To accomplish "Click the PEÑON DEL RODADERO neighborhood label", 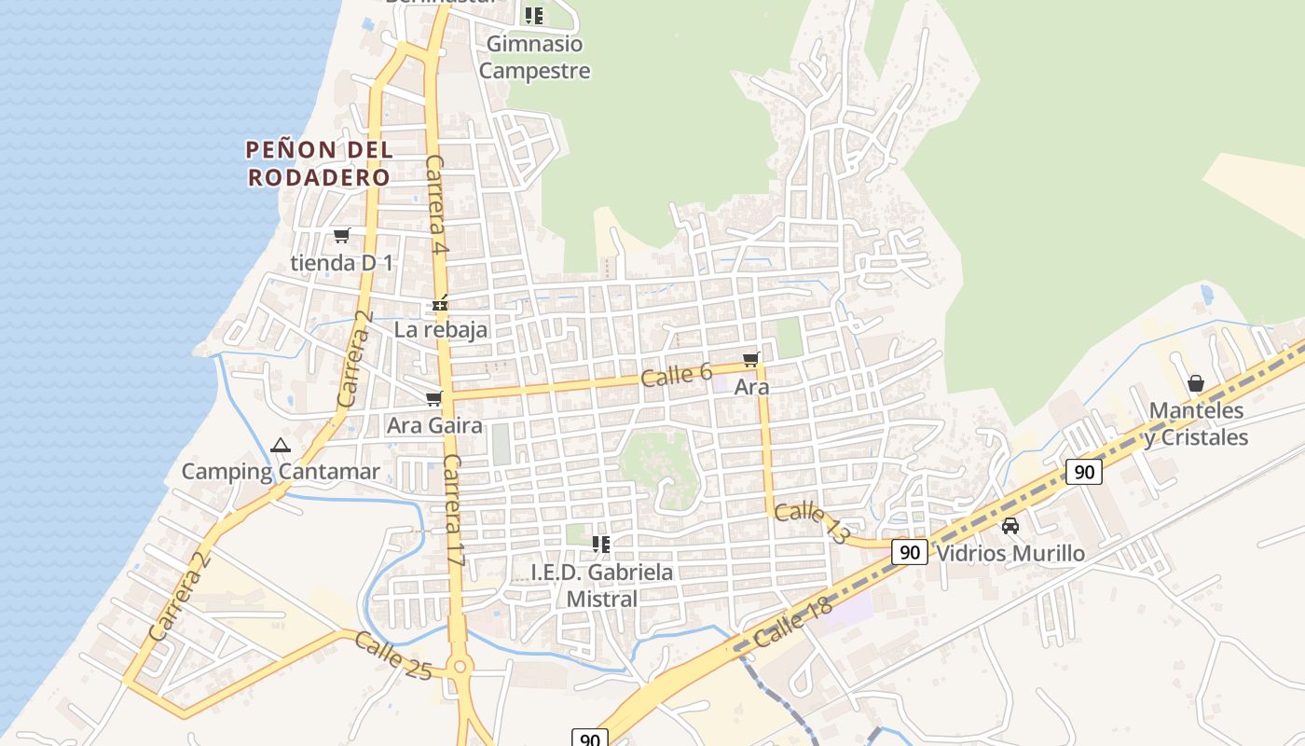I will tap(319, 163).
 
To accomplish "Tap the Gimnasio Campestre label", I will tap(535, 57).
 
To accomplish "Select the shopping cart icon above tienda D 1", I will tap(342, 235).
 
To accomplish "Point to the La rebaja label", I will tap(441, 329).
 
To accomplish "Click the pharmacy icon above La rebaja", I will tap(441, 304).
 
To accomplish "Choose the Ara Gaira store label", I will tap(435, 426).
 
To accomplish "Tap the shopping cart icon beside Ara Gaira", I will tap(433, 399).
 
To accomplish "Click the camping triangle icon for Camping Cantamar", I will tap(281, 446).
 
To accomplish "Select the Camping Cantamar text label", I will tap(281, 471).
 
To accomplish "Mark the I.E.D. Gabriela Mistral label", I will tap(602, 585).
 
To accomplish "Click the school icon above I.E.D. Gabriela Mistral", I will tap(601, 544).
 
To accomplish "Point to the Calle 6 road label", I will tap(677, 375).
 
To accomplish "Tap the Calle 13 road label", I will tap(812, 521).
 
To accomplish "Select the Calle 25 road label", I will tap(392, 656).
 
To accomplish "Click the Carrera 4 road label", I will tap(436, 206).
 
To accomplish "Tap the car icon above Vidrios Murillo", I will tap(1010, 526).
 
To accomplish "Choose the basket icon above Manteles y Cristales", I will tap(1196, 383).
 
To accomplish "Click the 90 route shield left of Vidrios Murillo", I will tap(910, 552).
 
